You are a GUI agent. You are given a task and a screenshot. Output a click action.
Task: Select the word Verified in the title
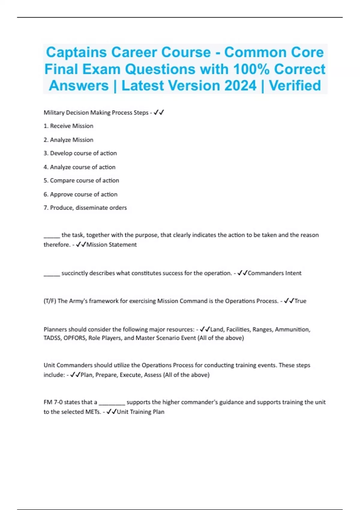[295, 85]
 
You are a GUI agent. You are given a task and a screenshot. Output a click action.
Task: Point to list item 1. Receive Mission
[68, 126]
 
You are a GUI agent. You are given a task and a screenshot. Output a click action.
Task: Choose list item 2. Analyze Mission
[68, 140]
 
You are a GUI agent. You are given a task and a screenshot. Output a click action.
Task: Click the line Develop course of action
[80, 153]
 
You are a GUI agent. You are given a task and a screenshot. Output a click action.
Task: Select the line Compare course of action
[81, 181]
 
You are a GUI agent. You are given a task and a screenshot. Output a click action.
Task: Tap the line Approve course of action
[80, 194]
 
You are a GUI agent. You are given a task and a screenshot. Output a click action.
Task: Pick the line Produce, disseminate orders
[85, 208]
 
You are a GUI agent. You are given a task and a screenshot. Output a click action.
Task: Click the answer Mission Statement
[111, 245]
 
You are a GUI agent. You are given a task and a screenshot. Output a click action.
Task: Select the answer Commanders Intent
[274, 273]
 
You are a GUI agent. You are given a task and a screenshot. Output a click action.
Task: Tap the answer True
[300, 301]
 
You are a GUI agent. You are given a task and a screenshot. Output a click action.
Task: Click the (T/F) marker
[50, 301]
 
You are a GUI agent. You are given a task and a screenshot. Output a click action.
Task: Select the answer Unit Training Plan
[140, 412]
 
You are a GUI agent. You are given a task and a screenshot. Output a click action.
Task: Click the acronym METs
[92, 412]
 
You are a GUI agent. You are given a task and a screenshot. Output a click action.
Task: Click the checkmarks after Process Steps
[159, 113]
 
